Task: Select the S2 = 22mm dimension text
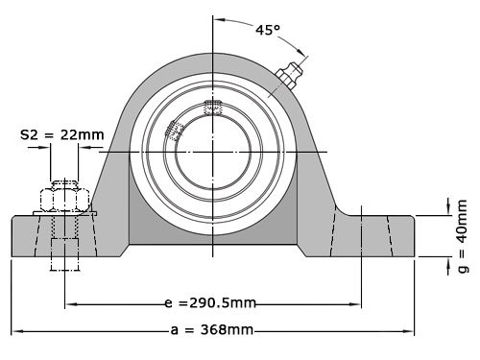click(x=61, y=135)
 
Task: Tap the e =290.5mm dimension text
click(x=209, y=303)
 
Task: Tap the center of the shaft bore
click(x=213, y=152)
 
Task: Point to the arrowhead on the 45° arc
click(x=302, y=54)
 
